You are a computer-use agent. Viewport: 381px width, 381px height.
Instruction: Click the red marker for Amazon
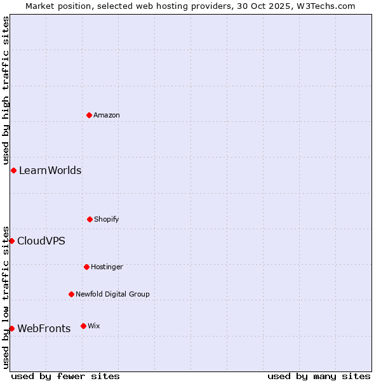(89, 115)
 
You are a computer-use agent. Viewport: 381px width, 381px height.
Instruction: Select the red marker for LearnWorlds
(13, 170)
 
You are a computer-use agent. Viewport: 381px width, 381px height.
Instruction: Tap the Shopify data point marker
(90, 219)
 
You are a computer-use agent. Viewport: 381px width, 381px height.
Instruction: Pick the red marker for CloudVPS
(11, 241)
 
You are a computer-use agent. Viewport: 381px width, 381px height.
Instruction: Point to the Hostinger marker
(86, 267)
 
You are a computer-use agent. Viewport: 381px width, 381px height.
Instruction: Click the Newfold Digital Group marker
(71, 294)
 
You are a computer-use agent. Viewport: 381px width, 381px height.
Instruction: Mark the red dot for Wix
(83, 326)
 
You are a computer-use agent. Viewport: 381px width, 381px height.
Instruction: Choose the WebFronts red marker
(11, 328)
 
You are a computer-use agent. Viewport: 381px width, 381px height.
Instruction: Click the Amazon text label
(107, 115)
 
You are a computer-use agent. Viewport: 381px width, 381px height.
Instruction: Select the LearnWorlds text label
(50, 170)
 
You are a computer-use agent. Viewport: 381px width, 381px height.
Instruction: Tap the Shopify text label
(107, 219)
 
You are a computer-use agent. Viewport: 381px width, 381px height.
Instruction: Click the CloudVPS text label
(41, 241)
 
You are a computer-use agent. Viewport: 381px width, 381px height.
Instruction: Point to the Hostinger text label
(107, 267)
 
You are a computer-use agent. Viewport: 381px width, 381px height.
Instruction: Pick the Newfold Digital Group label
(112, 294)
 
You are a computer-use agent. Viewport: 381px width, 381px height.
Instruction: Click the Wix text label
(94, 326)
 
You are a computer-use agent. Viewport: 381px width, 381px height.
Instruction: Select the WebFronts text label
(44, 328)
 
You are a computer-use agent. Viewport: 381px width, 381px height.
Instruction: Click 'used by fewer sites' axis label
(65, 376)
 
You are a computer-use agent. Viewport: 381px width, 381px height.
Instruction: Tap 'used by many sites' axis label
(319, 376)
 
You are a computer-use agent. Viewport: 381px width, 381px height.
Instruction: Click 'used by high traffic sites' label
(6, 91)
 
